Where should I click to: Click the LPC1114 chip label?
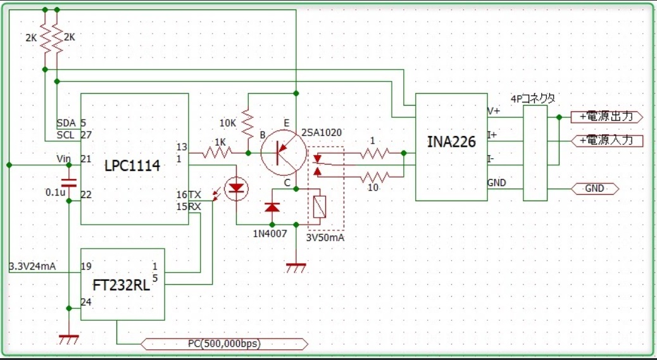[132, 166]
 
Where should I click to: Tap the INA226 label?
[451, 142]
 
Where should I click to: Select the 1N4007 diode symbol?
[272, 207]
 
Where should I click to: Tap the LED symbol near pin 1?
[237, 188]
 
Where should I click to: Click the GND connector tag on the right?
[594, 189]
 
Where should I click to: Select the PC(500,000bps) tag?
[225, 344]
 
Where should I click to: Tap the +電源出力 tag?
[607, 117]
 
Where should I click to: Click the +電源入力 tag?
[607, 140]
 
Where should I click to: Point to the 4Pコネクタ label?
[533, 99]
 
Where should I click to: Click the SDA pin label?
[65, 123]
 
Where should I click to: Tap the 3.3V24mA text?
[33, 266]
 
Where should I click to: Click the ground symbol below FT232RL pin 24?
[68, 338]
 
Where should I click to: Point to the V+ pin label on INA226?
[493, 111]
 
